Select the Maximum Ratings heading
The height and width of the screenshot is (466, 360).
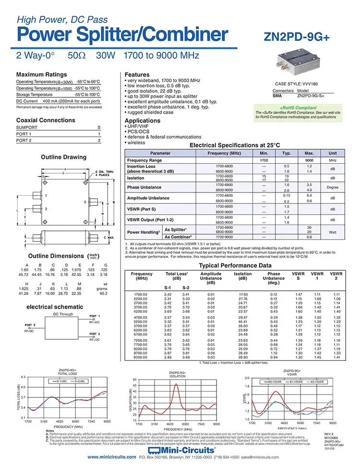42,74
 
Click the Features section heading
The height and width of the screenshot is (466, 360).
137,74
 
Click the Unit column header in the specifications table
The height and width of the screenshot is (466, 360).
333,153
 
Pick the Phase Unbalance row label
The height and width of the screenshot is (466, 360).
144,187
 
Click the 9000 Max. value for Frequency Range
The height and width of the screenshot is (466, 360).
309,160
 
